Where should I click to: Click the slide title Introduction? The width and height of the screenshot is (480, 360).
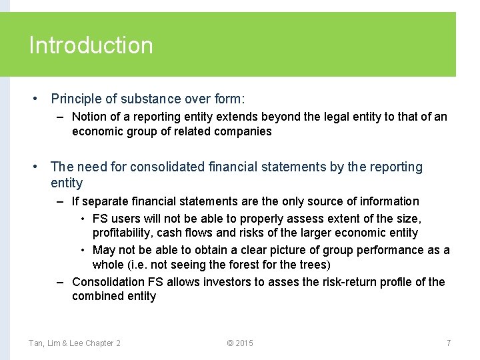coord(91,45)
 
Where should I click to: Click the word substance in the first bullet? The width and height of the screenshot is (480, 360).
coord(156,99)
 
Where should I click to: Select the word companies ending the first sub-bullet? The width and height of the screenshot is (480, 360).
coord(243,131)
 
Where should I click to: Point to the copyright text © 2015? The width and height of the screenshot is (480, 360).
coord(240,343)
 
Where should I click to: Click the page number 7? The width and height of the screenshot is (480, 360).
coord(449,343)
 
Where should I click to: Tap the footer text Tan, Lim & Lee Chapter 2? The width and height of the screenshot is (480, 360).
coord(75,343)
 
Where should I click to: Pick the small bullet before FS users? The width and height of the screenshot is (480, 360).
coord(83,219)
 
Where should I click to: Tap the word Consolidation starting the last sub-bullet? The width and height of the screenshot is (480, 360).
coord(107,282)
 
